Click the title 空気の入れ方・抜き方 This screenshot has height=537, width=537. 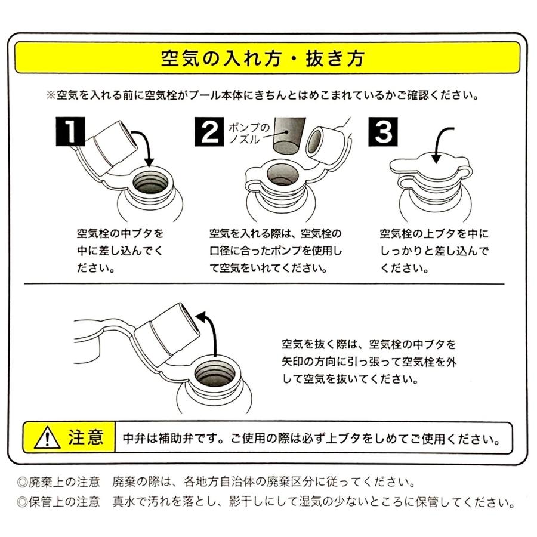[263, 58]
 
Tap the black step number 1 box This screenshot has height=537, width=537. [70, 131]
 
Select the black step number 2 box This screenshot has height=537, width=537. [209, 131]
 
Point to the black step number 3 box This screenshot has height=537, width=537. [383, 131]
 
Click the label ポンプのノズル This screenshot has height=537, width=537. [249, 133]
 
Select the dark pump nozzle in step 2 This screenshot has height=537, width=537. [289, 135]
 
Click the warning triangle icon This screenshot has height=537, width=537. [47, 437]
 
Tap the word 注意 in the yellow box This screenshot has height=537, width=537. [85, 437]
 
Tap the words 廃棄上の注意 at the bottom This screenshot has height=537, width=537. [64, 482]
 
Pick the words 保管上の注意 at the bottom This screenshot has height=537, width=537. [64, 502]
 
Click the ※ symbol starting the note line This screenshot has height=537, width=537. [51, 95]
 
